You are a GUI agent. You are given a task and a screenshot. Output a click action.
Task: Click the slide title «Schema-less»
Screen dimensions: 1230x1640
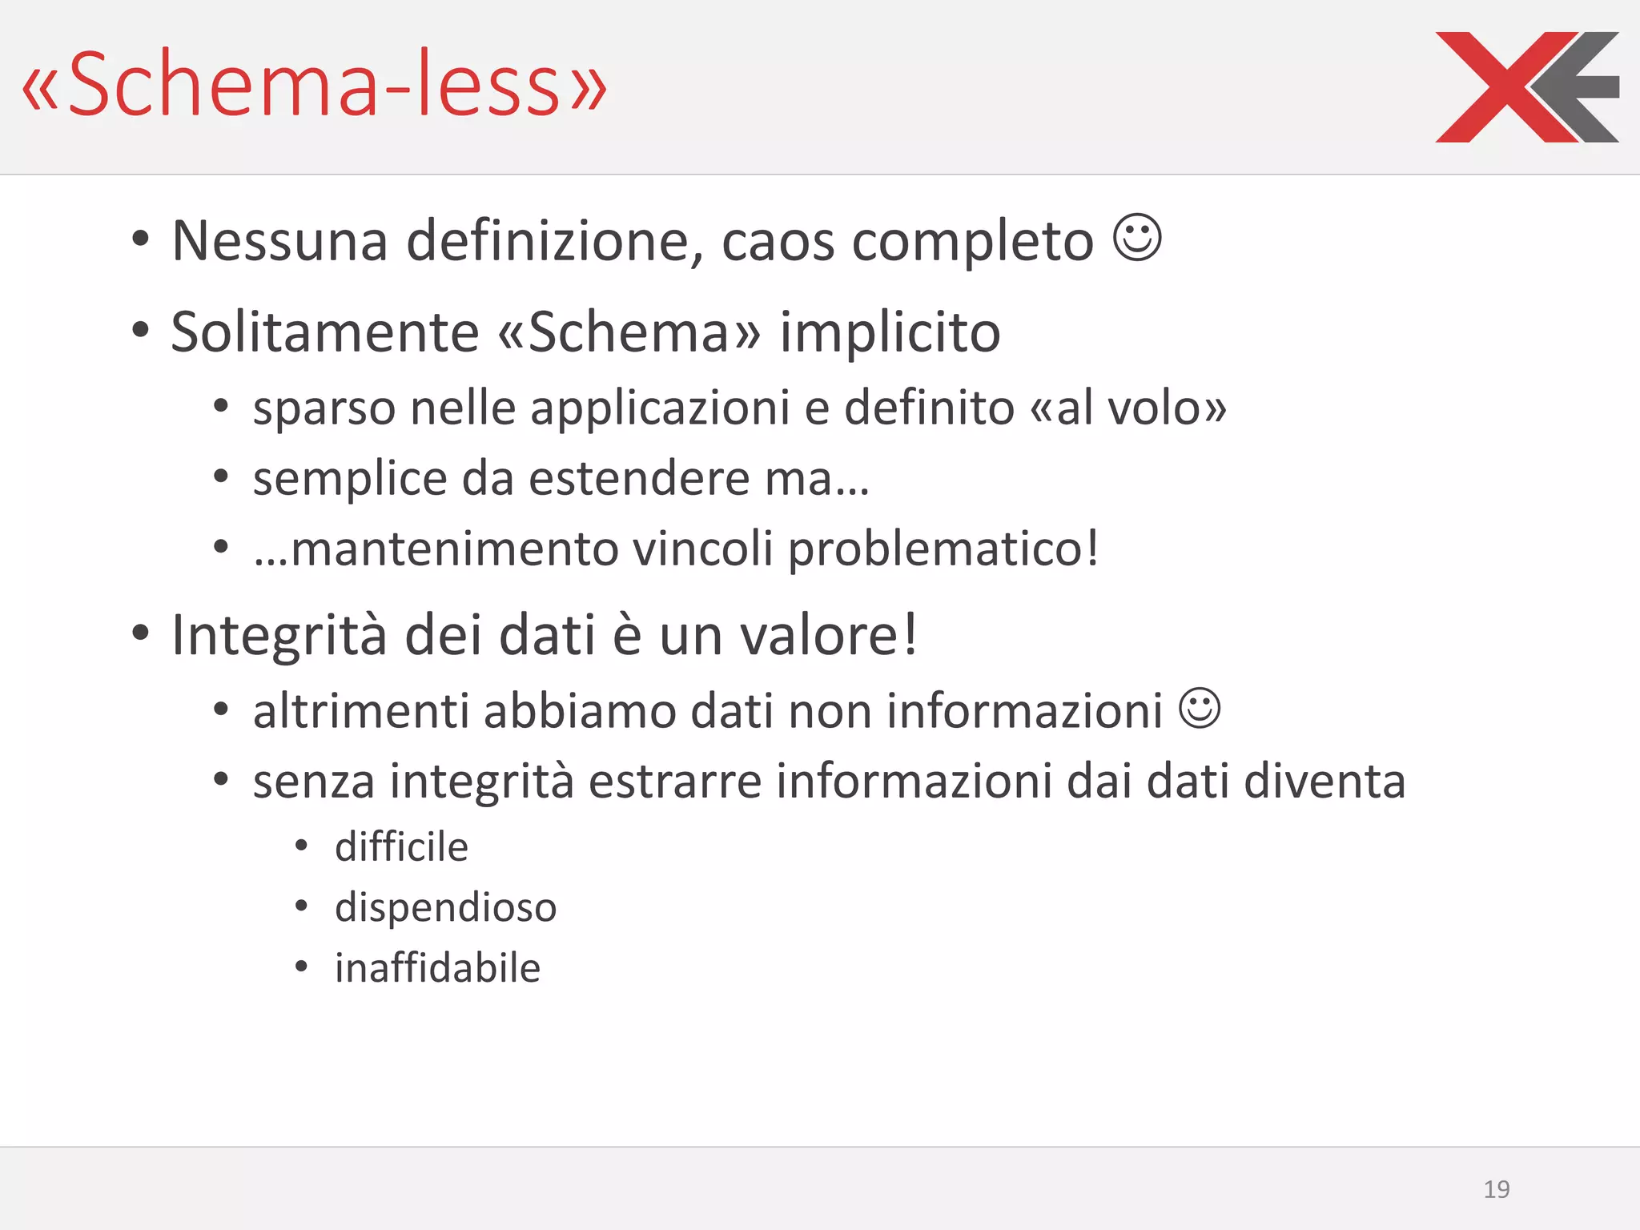(x=314, y=85)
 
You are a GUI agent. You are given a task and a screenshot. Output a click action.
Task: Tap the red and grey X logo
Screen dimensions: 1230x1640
(x=1526, y=86)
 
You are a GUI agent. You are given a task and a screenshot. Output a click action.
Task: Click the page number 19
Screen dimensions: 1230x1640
(x=1496, y=1189)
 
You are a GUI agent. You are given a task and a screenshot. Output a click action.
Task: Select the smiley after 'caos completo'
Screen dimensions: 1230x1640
(x=1137, y=237)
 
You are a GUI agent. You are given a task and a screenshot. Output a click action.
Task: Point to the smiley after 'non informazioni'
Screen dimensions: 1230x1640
(x=1200, y=709)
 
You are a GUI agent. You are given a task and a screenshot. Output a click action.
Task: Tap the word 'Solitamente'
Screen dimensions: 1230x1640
(x=325, y=332)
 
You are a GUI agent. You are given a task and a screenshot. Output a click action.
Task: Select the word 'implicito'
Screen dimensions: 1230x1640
(x=890, y=333)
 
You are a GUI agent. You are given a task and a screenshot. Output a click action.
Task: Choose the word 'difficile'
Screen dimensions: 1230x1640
(x=401, y=847)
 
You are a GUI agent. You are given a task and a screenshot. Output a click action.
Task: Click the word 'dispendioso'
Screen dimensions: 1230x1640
(x=445, y=908)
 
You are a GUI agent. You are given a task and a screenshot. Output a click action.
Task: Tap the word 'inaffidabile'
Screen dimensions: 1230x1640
(x=437, y=968)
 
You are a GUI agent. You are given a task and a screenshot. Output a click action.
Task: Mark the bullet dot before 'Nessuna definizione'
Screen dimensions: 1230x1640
(x=141, y=239)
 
